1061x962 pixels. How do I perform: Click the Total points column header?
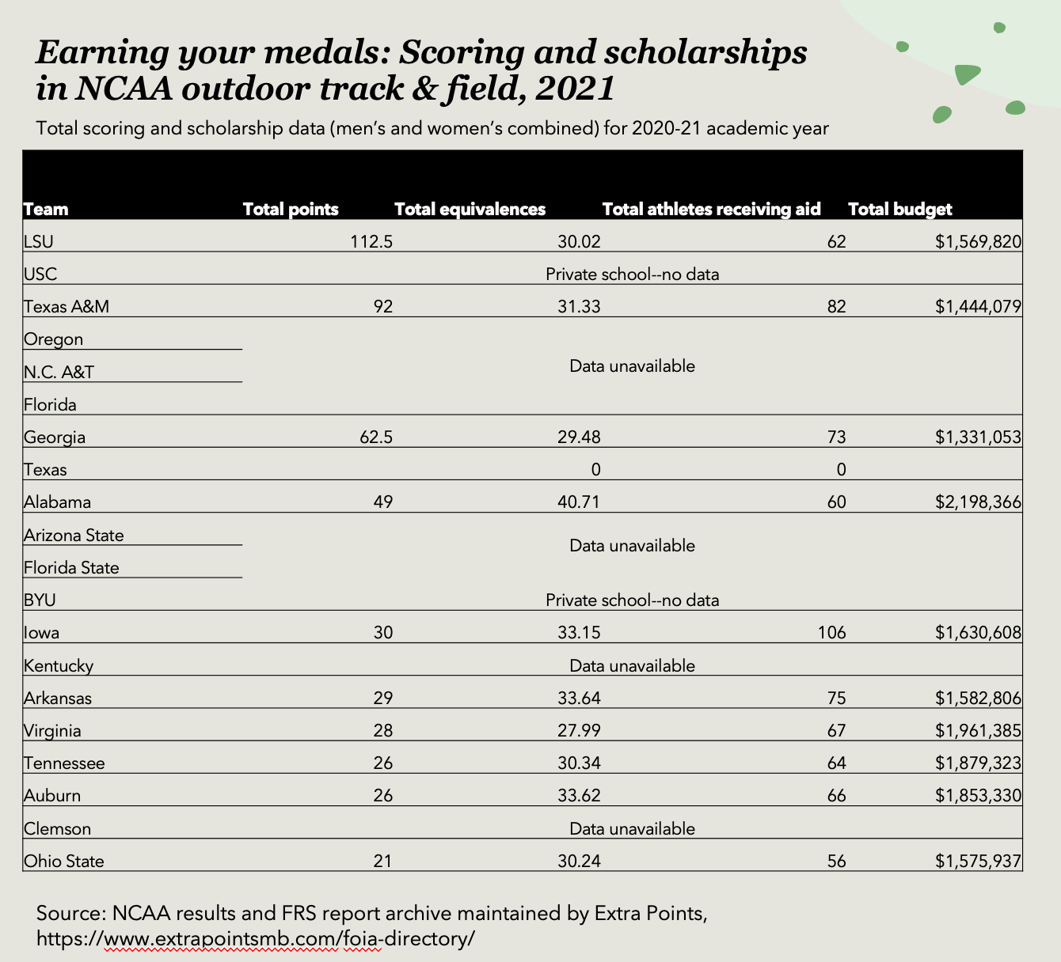click(x=291, y=210)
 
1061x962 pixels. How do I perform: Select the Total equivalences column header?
click(x=470, y=210)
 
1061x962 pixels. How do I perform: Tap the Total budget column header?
click(x=899, y=210)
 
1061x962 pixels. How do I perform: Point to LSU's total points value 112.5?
click(x=371, y=242)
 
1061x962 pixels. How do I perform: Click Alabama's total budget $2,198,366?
click(x=978, y=502)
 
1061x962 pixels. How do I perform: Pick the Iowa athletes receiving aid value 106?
click(x=832, y=633)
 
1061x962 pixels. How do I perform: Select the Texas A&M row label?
click(x=67, y=307)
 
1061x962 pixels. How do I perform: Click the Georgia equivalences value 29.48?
click(x=579, y=437)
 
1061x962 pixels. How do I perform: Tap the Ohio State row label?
click(x=64, y=862)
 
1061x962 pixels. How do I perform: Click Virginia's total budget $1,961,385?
click(x=978, y=731)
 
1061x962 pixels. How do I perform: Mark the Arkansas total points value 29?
click(x=382, y=699)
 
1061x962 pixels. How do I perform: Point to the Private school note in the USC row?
click(x=632, y=275)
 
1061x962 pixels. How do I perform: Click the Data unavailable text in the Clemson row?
click(x=632, y=829)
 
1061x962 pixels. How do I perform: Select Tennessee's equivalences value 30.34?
click(x=579, y=763)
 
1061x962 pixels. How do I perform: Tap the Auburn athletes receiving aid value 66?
click(x=836, y=796)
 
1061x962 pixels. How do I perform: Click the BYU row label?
click(x=40, y=600)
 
